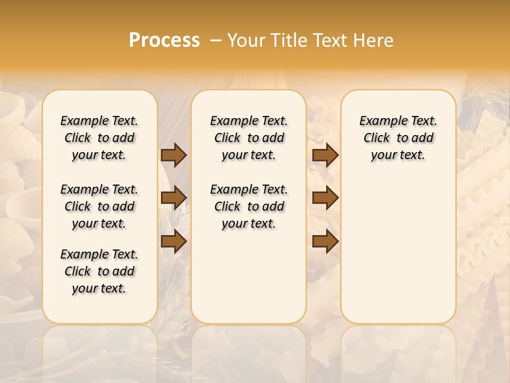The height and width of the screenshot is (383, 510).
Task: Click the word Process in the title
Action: [164, 40]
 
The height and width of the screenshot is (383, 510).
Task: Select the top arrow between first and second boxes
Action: [173, 155]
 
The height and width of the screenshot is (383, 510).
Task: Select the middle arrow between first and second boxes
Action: [173, 198]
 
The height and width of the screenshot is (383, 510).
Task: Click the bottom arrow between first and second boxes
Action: [173, 241]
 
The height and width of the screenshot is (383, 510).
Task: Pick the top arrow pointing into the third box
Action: [325, 155]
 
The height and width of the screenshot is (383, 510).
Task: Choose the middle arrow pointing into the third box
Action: [325, 198]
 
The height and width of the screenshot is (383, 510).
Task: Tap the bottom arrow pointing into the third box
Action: [325, 241]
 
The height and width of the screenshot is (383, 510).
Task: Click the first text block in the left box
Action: [99, 138]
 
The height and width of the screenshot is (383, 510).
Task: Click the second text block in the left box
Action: [99, 206]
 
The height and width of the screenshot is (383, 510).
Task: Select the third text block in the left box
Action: [99, 271]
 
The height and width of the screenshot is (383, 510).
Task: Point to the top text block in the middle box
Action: [249, 138]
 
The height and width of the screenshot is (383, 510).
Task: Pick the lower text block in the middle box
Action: [249, 206]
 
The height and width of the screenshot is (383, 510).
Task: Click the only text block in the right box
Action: [398, 138]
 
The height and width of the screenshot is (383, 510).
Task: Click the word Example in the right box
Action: [379, 121]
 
